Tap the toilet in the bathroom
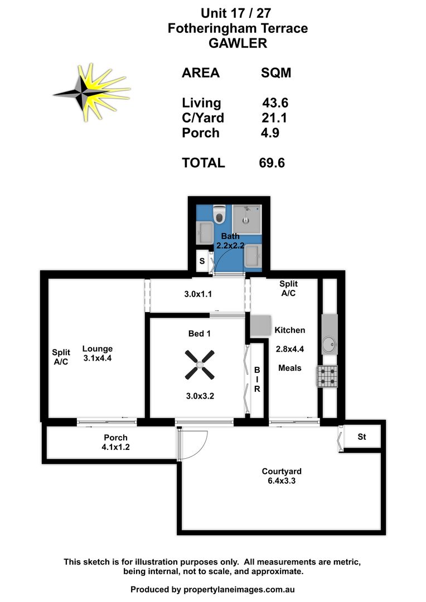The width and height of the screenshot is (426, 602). click(x=219, y=215)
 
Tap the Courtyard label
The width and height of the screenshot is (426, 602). click(x=282, y=472)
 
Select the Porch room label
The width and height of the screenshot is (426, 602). click(x=115, y=438)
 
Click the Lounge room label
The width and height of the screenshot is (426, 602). click(x=98, y=349)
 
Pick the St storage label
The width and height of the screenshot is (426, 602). click(x=361, y=437)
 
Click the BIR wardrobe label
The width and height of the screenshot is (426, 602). click(x=257, y=379)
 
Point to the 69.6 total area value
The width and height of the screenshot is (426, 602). click(x=273, y=163)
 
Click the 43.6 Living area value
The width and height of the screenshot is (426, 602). click(x=275, y=103)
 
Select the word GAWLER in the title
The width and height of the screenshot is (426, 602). click(x=238, y=43)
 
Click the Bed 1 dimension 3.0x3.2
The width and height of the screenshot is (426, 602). click(x=200, y=397)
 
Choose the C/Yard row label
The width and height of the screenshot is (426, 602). click(x=203, y=118)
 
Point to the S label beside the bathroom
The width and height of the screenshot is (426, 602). click(x=202, y=261)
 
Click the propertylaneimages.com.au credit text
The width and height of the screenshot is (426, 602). click(x=240, y=589)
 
